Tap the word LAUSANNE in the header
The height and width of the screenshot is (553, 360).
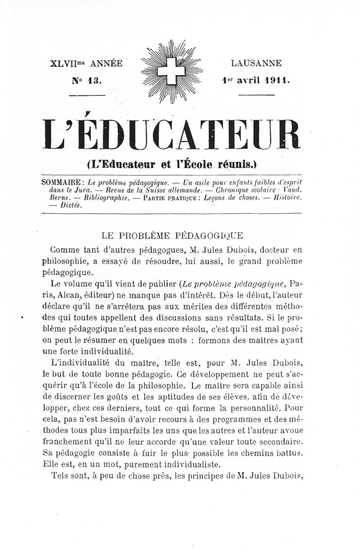[x=256, y=63]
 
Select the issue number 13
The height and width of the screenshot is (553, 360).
[x=96, y=81]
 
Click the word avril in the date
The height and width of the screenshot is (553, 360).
[x=246, y=81]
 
